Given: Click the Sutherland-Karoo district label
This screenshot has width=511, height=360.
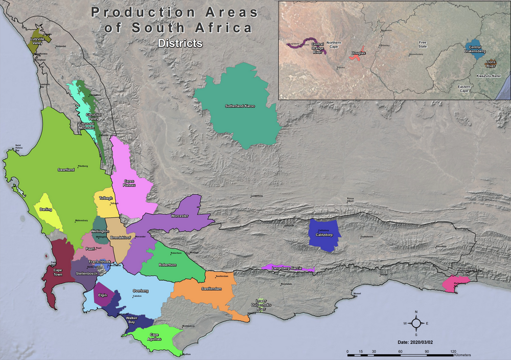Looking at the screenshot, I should pos(240,106).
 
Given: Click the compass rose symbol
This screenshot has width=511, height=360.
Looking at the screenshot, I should pos(416,323).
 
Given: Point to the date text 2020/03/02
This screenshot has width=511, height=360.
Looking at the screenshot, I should pos(416,341).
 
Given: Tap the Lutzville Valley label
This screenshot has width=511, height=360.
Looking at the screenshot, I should pos(37,41).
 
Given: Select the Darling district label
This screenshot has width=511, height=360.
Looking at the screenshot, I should pos(46,209).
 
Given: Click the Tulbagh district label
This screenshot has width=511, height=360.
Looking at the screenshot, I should pos(106,198).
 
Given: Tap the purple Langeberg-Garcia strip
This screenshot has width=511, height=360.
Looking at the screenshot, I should pos(288,267).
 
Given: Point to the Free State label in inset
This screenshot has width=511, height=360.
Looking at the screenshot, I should pos(423,44).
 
